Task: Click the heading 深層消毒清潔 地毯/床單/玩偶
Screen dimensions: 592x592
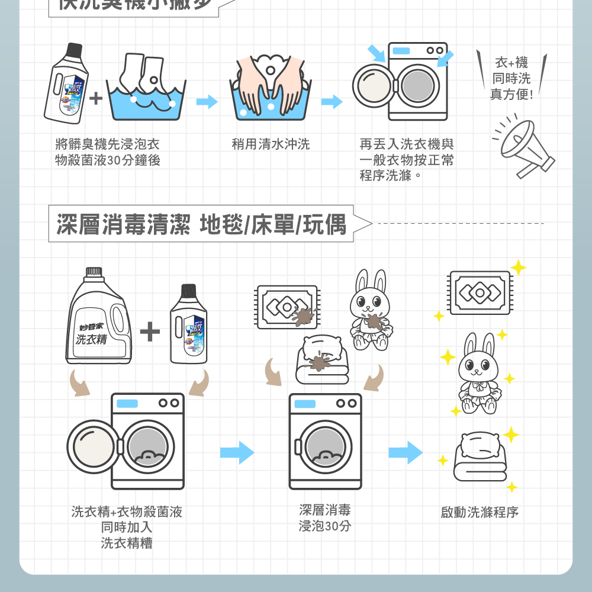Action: point(201,224)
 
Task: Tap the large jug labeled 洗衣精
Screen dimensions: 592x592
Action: point(98,323)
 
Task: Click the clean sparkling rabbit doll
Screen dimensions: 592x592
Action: point(479,376)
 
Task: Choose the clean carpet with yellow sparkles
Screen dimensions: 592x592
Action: point(480,292)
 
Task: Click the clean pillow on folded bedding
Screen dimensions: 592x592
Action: point(481,456)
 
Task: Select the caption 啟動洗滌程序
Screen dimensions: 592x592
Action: point(480,513)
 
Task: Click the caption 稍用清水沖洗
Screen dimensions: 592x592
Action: point(271,144)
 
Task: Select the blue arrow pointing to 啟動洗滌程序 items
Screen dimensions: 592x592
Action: point(406,453)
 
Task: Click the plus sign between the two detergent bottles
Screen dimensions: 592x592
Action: point(150,332)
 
